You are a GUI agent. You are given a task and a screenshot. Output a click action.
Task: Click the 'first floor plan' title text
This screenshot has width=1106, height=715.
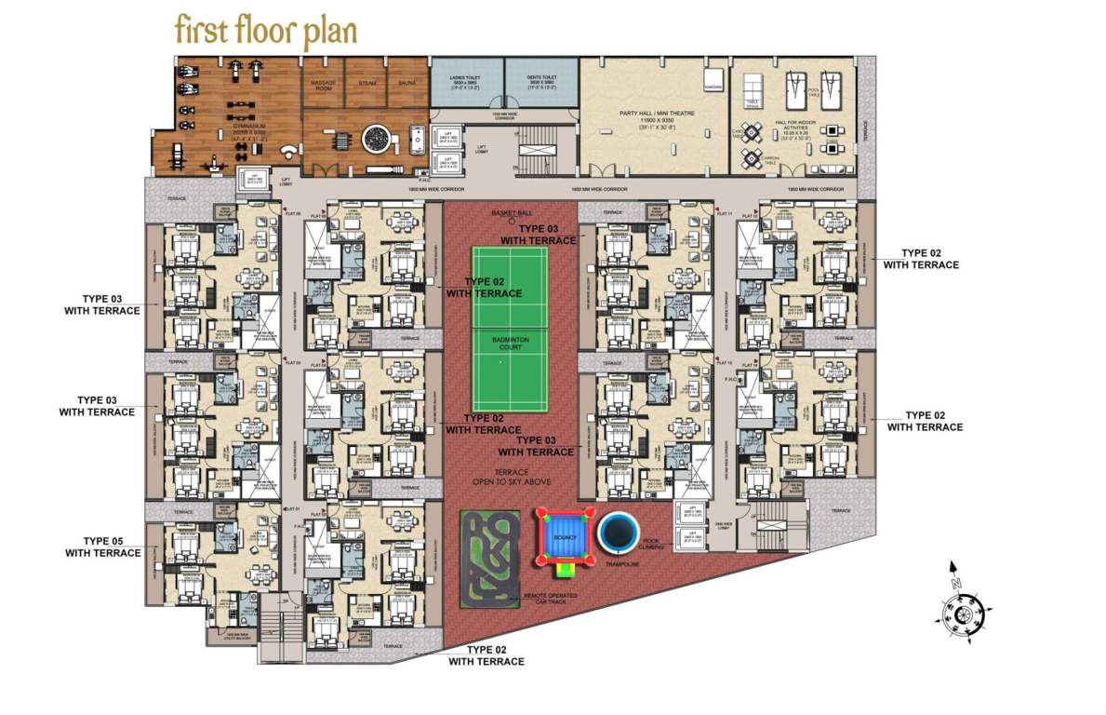coord(265,30)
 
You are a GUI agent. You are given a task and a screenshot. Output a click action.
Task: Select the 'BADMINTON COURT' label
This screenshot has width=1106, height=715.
coord(510,344)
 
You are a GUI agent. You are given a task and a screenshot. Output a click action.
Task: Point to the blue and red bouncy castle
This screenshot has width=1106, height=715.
coord(561,540)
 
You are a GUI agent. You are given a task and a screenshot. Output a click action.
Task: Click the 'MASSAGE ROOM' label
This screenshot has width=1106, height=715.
coord(323,86)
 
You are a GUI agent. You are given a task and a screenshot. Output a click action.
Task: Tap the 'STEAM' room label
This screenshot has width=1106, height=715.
coord(366,84)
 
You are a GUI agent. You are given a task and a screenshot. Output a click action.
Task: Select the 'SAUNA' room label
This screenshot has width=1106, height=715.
coord(406,84)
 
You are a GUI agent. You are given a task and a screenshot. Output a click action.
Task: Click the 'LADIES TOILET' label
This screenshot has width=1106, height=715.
coord(466,78)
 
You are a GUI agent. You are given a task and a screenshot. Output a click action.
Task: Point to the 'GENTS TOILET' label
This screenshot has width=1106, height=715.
coord(541,78)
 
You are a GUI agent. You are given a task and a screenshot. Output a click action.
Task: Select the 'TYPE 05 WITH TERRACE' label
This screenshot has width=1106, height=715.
coord(103,546)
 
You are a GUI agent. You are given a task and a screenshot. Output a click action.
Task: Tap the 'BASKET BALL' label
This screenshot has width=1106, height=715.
coord(508,213)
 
